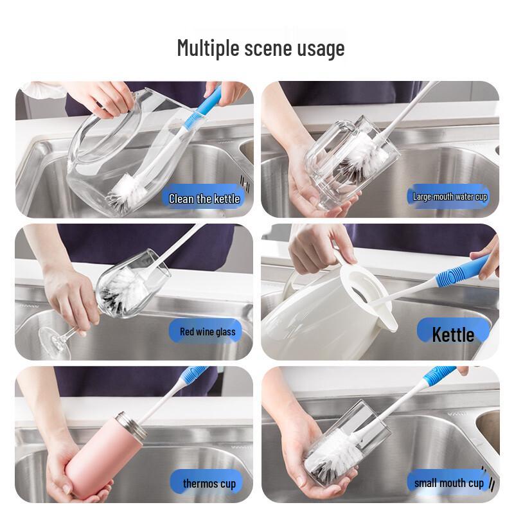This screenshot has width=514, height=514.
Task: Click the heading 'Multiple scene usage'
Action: [x=260, y=48]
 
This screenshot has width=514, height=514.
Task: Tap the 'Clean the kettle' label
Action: [x=204, y=199]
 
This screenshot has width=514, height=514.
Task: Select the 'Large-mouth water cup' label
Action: [x=449, y=197]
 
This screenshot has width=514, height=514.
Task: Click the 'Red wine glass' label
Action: [x=207, y=332]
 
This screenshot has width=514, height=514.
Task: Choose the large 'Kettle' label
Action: [x=452, y=334]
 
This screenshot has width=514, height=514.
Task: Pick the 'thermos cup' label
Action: [x=209, y=483]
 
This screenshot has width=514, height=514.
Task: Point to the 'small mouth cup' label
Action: [x=449, y=483]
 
